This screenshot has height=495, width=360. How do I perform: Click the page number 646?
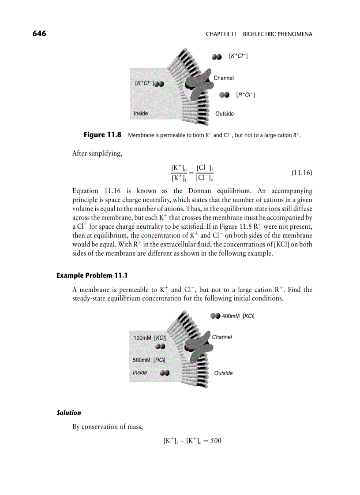(x=40, y=34)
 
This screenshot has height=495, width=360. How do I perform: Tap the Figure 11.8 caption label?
(x=102, y=135)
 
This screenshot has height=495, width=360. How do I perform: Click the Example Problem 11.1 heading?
(x=92, y=275)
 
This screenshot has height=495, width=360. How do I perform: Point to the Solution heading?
(x=69, y=413)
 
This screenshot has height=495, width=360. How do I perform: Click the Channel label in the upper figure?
(x=224, y=78)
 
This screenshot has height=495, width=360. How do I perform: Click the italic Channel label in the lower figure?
(x=222, y=337)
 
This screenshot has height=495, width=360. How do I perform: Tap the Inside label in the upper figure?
(x=141, y=113)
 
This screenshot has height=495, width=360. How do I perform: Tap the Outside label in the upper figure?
(x=225, y=114)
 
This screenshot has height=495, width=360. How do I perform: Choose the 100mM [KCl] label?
(x=150, y=338)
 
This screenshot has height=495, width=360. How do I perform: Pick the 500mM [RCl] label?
(x=149, y=360)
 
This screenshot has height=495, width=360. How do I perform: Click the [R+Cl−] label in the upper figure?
(x=246, y=95)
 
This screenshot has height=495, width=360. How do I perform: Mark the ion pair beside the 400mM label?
(x=215, y=316)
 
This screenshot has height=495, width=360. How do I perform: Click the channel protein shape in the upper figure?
(x=197, y=82)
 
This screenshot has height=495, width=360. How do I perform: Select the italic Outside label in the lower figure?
(x=223, y=373)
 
